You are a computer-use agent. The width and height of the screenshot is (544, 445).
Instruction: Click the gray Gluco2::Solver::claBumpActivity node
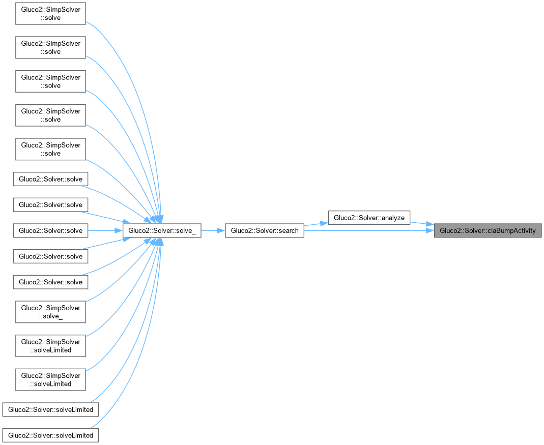(x=488, y=231)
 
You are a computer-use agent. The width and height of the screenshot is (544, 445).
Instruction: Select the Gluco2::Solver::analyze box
(x=369, y=218)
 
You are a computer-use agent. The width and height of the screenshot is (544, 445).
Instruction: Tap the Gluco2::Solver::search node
(x=265, y=231)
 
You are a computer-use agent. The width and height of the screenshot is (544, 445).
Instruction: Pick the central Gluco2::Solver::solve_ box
(x=162, y=231)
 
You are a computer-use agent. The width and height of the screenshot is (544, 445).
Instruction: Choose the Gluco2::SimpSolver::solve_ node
(x=51, y=312)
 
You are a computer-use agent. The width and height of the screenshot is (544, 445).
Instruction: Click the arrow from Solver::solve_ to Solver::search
(x=213, y=231)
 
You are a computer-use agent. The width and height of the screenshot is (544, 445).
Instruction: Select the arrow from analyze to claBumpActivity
(x=422, y=224)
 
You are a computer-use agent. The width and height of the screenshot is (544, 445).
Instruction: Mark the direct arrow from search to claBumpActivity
(x=369, y=231)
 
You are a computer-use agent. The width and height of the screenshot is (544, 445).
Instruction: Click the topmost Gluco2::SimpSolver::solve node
(x=51, y=14)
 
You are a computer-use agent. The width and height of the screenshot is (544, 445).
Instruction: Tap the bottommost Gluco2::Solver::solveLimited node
(x=51, y=435)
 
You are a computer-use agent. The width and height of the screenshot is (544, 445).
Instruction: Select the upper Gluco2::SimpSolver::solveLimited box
(x=51, y=346)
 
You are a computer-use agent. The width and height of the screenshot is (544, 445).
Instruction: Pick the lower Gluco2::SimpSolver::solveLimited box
(x=51, y=380)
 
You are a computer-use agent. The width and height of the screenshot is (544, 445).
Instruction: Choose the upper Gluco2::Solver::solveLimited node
(x=51, y=409)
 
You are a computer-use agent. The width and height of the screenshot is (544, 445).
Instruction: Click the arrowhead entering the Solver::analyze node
(x=324, y=223)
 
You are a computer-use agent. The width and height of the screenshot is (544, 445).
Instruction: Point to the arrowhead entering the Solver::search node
(x=221, y=231)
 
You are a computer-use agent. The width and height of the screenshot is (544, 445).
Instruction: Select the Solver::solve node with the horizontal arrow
(x=51, y=231)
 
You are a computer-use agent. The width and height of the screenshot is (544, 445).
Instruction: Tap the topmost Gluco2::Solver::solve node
(x=51, y=179)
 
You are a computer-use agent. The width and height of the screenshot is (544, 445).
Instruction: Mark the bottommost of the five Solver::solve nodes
(x=51, y=282)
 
